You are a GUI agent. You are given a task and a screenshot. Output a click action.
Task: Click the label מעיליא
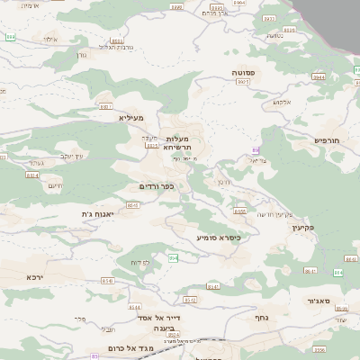131,117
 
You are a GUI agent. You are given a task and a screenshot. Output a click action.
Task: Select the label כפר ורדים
157,186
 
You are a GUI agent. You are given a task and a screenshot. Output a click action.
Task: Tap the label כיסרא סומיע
219,237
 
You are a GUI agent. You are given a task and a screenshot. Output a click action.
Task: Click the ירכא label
35,277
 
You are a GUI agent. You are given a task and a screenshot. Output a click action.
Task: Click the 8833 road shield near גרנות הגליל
116,40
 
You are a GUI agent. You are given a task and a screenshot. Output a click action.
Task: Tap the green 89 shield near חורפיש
256,149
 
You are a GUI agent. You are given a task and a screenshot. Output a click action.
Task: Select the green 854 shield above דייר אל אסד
173,258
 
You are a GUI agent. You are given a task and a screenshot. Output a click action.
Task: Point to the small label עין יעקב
73,156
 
